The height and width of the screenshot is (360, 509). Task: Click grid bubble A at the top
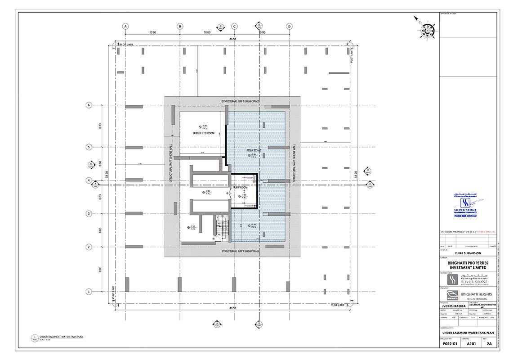point(125,27)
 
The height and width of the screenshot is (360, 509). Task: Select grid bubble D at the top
point(289,27)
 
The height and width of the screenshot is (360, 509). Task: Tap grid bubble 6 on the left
point(89,105)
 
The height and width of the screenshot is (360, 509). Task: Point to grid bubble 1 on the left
point(89,292)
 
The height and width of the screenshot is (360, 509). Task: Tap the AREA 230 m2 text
point(255,150)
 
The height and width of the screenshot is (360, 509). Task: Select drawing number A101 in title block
point(471,344)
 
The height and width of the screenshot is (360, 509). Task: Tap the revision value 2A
point(489,344)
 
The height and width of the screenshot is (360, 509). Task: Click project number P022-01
point(450,344)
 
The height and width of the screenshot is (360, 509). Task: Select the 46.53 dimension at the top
point(232,40)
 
